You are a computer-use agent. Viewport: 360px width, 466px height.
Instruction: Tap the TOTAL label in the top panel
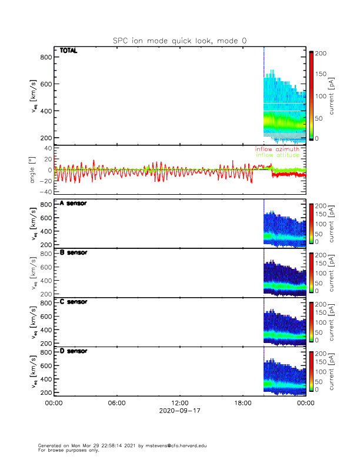[69, 51]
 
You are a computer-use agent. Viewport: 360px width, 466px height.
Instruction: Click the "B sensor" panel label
[74, 253]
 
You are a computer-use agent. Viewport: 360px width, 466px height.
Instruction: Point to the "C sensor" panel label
[74, 302]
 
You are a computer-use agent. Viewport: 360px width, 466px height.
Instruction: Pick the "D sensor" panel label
[74, 351]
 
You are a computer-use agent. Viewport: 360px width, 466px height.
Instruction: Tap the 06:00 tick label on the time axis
[116, 403]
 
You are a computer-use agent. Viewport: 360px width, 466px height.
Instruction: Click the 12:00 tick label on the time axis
[179, 403]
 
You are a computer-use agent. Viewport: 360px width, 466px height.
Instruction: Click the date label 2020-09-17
[179, 411]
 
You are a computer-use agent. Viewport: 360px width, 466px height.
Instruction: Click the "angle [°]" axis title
[34, 170]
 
